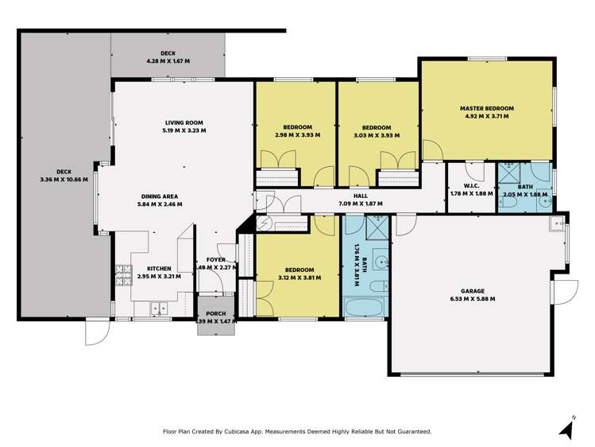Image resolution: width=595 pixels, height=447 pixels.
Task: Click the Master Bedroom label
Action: pos(486,108)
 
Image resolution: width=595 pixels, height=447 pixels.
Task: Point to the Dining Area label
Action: pos(161,195)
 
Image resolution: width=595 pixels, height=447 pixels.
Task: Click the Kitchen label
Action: pos(149,268)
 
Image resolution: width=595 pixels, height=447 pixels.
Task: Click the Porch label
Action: pos(215,313)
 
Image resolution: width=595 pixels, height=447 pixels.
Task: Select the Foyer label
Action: pos(215,259)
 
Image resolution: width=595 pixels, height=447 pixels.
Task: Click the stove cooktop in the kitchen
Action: pos(123,275)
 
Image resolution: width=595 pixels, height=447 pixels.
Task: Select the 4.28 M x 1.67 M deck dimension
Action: pos(167,61)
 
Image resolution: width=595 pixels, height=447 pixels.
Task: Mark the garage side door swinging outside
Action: pos(563,291)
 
